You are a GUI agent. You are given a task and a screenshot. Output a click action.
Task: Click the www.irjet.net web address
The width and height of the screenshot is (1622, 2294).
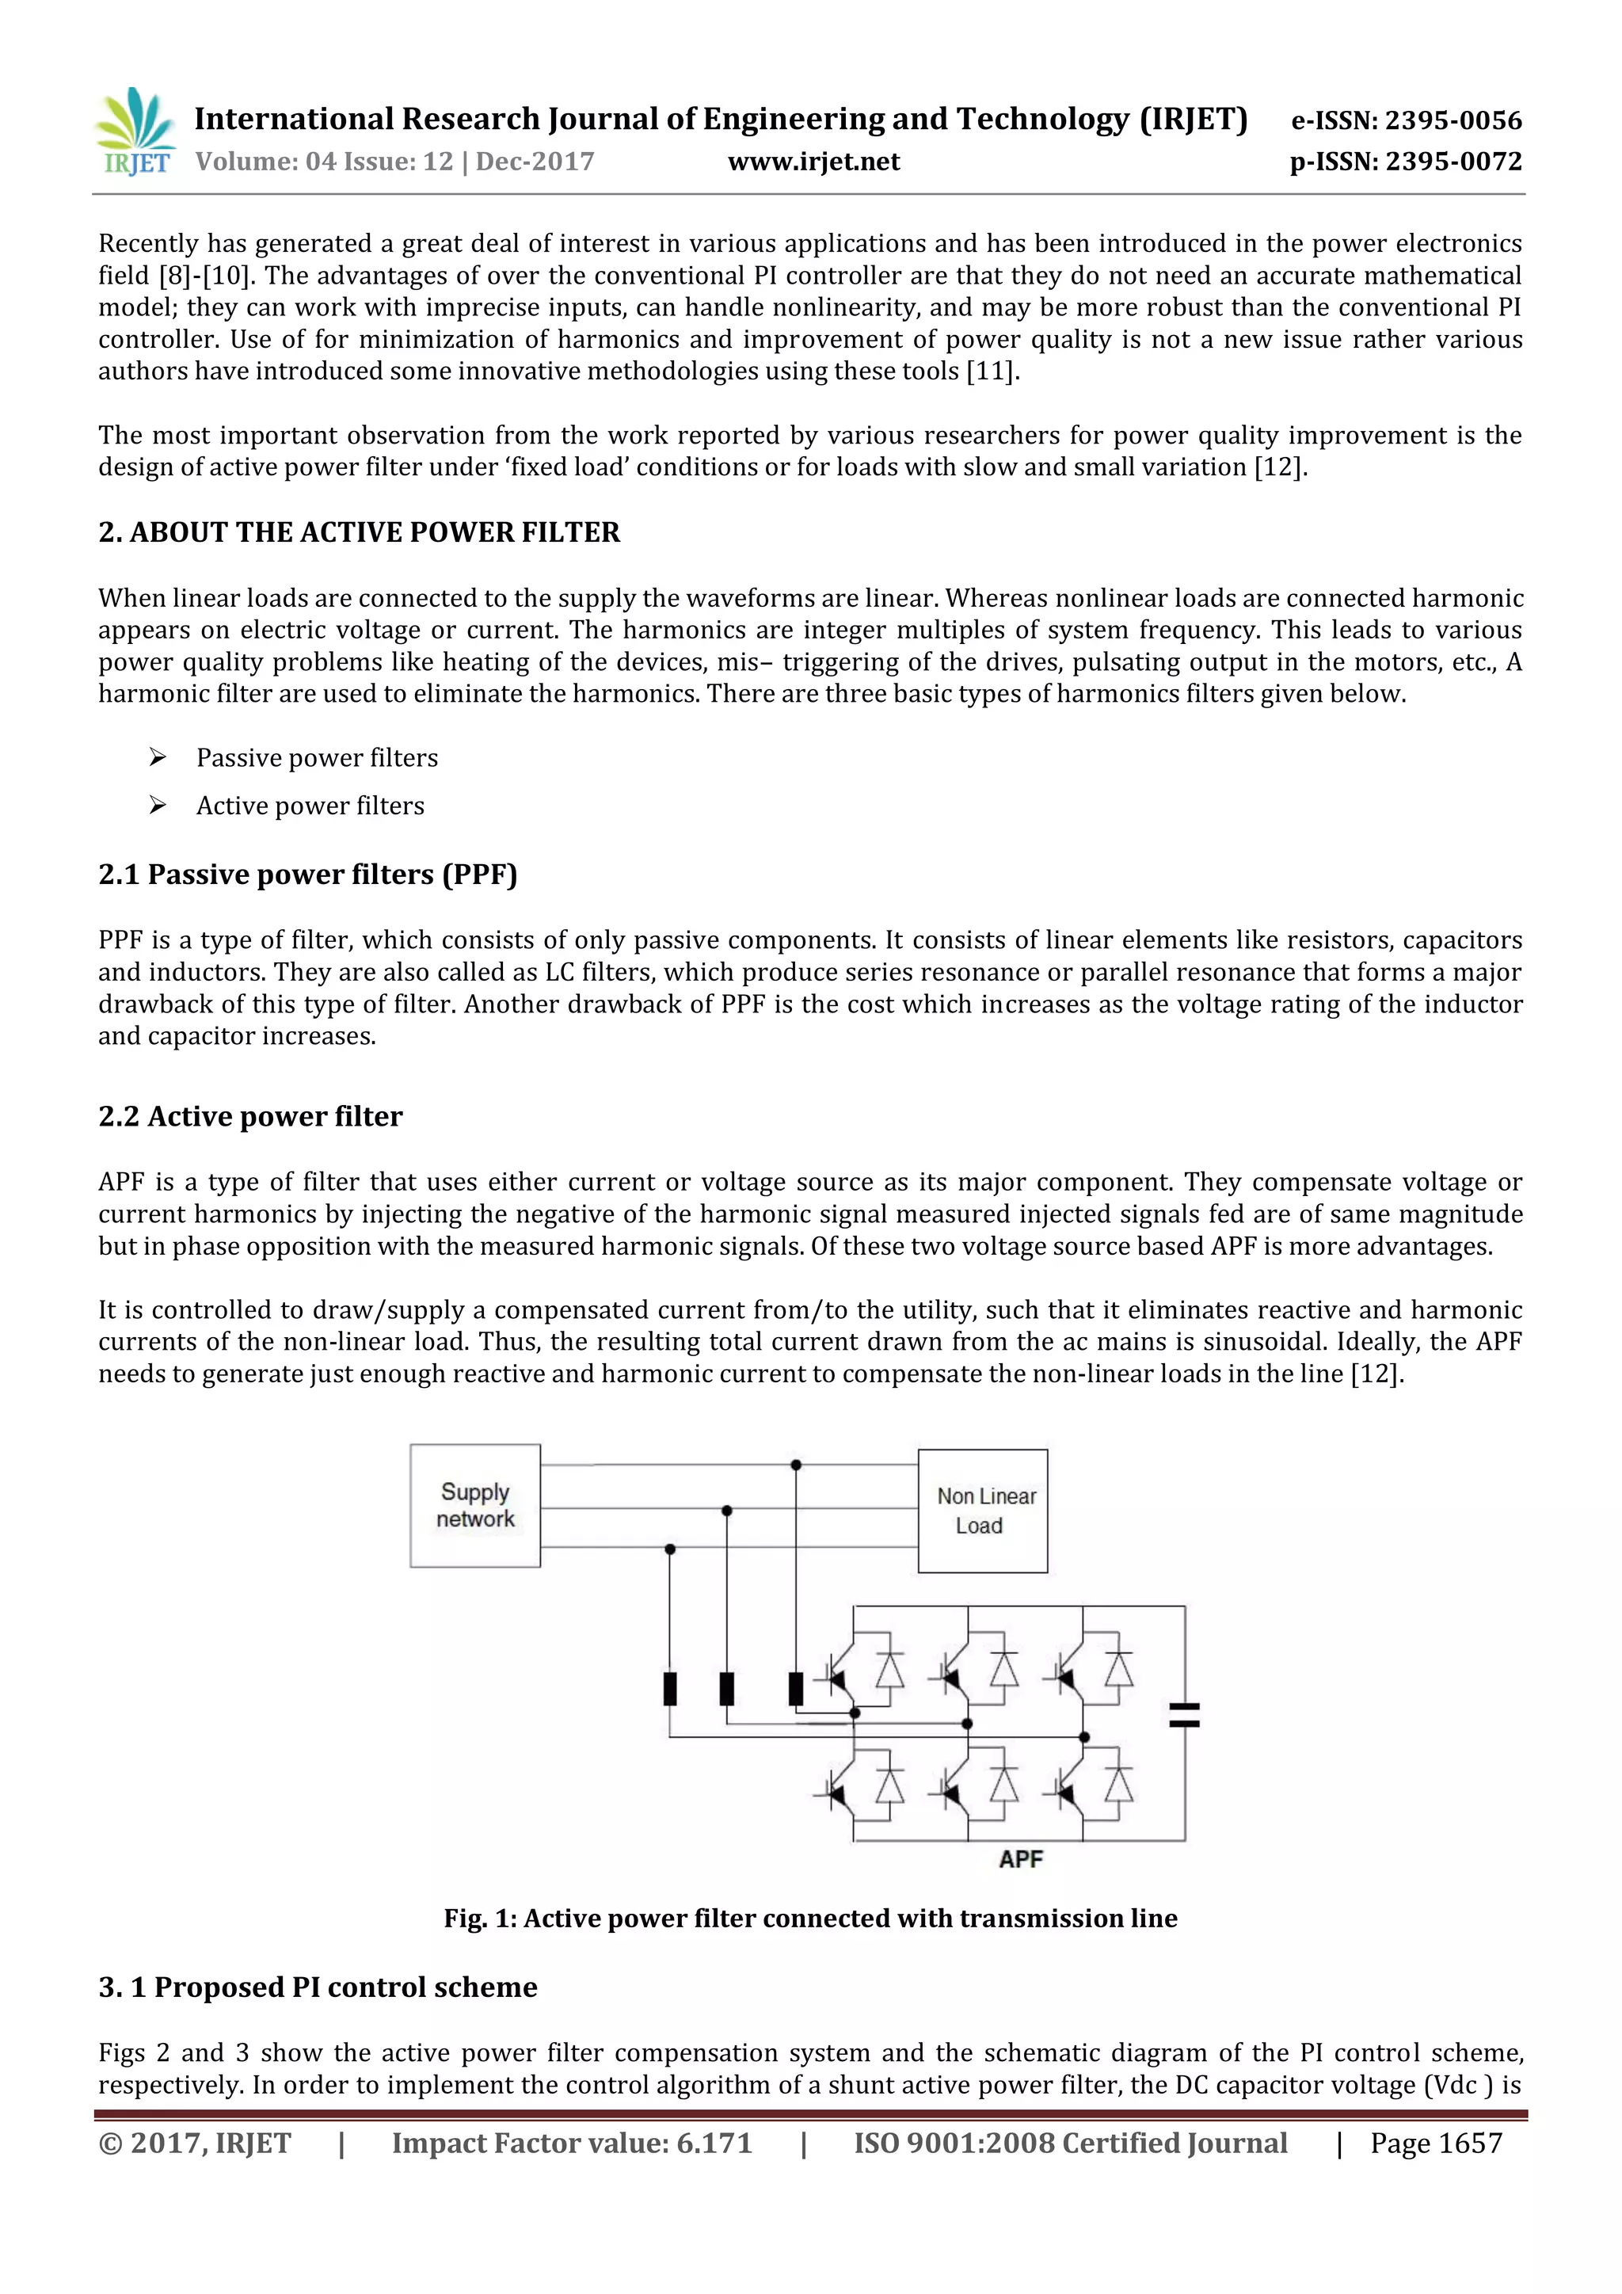813,162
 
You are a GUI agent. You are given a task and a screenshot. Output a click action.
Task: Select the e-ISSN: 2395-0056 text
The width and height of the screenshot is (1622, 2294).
1407,121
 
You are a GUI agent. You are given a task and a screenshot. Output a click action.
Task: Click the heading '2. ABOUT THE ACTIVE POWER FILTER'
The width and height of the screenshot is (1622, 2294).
359,532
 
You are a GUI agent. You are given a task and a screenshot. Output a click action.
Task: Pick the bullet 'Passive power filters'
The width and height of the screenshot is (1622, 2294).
317,758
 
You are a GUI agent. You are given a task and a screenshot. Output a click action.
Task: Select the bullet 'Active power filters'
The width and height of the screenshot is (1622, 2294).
310,806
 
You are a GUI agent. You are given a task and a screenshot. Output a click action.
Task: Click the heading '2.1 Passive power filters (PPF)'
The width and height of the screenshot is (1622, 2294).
307,875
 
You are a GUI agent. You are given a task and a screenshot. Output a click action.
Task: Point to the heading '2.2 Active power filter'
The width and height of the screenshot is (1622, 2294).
249,1117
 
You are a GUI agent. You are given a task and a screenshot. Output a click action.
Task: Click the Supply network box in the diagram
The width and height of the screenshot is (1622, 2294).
475,1506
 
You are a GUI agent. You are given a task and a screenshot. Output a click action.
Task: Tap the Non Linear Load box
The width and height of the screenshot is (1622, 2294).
983,1511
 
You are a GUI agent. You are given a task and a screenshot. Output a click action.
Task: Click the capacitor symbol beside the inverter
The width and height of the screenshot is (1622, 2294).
1185,1716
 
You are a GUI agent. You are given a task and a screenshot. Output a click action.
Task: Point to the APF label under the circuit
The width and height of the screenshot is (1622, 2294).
1021,1859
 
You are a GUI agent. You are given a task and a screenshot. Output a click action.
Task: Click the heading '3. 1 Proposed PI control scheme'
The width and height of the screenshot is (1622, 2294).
318,1987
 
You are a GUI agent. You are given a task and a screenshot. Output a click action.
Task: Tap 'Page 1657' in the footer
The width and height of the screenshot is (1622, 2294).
1435,2144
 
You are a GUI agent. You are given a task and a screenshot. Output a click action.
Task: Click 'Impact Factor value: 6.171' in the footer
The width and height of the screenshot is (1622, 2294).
571,2144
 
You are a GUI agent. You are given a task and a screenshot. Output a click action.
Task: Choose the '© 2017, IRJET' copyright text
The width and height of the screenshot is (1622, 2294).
195,2144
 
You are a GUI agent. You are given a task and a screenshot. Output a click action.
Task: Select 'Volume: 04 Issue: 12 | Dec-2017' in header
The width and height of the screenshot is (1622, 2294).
394,162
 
